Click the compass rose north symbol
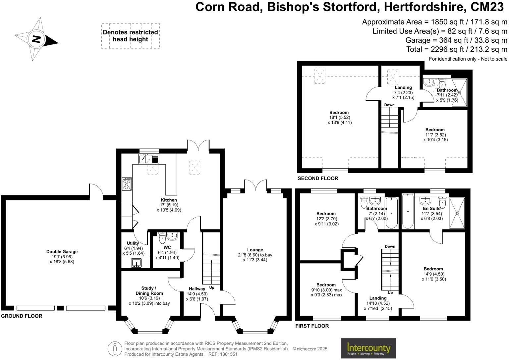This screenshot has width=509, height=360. point(36,39)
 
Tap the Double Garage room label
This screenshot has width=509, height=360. point(62,252)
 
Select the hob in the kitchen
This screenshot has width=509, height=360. point(127,184)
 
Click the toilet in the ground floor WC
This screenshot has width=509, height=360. point(162,238)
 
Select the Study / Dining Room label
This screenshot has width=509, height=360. point(149,291)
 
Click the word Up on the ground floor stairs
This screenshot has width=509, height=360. point(212,287)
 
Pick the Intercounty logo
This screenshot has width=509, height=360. point(368,348)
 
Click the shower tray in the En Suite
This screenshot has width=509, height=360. point(457,213)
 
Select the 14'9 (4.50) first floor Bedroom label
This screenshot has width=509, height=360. point(433,269)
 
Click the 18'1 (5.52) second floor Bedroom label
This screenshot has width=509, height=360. point(339,113)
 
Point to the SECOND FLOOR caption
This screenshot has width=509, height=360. point(318,179)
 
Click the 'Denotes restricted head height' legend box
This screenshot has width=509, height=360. point(130,36)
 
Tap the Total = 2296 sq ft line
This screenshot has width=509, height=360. point(457,49)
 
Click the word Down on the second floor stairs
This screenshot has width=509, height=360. point(389,105)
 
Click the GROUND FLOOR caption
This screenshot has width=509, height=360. point(22,316)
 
